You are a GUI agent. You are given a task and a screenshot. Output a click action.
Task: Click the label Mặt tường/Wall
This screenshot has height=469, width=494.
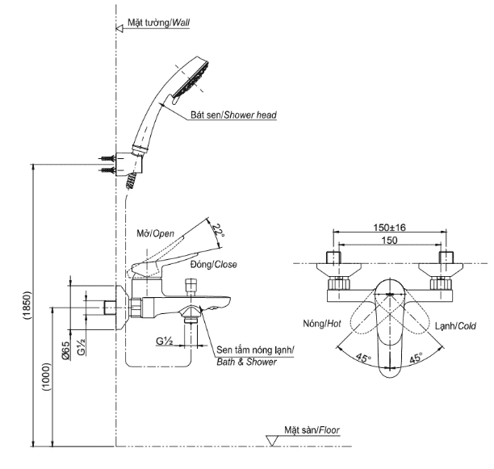click(x=157, y=24)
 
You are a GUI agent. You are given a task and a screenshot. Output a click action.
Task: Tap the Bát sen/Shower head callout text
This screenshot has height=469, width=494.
click(x=234, y=115)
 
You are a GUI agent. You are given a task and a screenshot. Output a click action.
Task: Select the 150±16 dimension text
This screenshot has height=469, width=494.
click(x=389, y=228)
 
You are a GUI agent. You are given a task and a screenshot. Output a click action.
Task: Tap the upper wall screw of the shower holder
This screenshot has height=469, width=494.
click(x=105, y=158)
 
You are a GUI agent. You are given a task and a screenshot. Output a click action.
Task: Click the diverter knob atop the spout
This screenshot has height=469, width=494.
click(x=192, y=287)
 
